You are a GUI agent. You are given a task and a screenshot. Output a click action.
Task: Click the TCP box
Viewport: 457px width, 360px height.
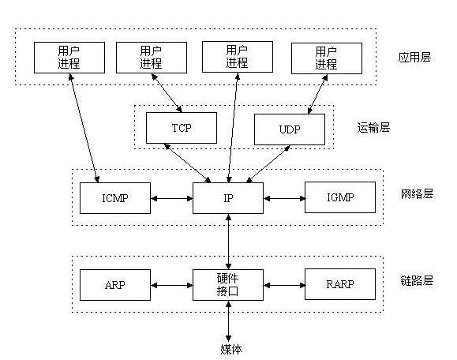tap(182, 128)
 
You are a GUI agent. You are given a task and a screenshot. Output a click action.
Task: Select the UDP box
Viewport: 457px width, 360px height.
tap(290, 129)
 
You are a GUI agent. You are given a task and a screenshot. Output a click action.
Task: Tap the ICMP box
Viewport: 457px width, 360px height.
tap(115, 198)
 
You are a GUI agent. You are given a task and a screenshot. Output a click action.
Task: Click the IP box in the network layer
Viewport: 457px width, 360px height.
tap(228, 198)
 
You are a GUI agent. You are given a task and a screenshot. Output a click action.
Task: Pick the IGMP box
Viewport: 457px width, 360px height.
tap(340, 197)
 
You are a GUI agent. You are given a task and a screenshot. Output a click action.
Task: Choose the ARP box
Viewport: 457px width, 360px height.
tap(115, 285)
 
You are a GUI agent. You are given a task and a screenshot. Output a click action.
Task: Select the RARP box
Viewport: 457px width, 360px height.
tap(340, 284)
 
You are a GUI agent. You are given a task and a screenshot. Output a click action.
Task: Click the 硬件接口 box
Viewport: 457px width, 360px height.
tap(228, 285)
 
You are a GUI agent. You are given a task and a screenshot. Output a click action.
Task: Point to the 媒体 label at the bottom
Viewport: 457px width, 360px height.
tap(231, 349)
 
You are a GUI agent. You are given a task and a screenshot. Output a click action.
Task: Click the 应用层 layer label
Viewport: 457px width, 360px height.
tap(414, 57)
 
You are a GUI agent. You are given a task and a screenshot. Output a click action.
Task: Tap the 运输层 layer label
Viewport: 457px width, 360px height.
tap(373, 128)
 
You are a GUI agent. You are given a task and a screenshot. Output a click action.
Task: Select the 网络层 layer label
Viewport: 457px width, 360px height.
tap(417, 194)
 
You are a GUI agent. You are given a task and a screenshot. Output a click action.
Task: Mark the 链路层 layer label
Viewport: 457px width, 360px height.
tap(417, 280)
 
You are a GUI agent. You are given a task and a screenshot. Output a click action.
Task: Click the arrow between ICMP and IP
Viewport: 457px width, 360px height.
tap(171, 198)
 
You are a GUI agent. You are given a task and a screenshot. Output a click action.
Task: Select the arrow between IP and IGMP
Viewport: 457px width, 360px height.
tap(284, 198)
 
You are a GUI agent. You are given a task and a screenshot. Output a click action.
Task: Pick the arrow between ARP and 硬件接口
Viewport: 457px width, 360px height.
tap(171, 285)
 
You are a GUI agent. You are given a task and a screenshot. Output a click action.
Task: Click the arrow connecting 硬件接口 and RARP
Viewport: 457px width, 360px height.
tap(284, 285)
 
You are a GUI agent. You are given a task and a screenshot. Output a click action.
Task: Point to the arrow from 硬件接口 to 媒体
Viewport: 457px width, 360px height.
tap(229, 321)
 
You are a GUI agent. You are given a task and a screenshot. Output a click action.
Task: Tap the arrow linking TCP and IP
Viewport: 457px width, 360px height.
tap(187, 163)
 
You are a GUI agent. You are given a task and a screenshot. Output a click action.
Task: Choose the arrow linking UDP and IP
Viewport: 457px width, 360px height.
tap(268, 164)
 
